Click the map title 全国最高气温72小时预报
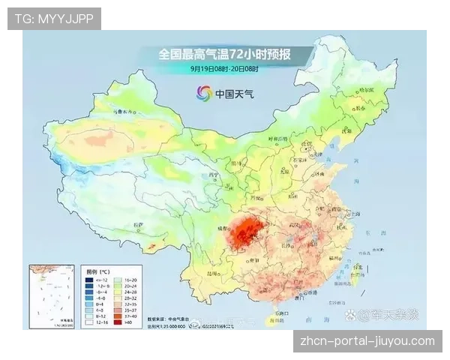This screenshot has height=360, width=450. point(224,55)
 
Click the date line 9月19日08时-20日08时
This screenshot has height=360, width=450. point(224,68)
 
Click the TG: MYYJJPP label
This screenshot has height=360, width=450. point(54,19)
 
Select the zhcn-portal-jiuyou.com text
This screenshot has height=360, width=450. point(367,341)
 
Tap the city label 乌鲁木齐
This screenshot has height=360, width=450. point(119,112)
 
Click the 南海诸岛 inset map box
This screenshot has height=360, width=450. point(52,296)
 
